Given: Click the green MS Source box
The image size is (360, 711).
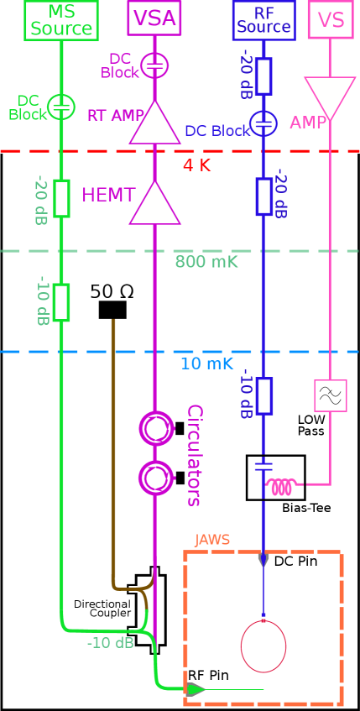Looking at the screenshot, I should [61, 19].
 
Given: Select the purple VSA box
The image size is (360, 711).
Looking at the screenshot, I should [154, 18].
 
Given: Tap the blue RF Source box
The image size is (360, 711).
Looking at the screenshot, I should [263, 19].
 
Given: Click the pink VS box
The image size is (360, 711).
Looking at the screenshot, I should [330, 19].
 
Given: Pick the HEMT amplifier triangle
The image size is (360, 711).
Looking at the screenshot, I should [154, 204].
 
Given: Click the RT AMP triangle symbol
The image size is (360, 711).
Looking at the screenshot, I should [154, 124].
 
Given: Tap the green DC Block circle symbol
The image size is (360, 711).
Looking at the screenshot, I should [61, 107].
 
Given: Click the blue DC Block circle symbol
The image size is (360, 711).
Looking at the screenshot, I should [263, 123].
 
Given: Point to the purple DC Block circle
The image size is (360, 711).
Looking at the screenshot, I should [154, 65].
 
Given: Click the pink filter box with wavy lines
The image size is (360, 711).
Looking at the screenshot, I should [330, 395].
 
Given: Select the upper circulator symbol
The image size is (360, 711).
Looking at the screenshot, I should [156, 428].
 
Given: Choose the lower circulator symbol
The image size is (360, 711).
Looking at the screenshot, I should [156, 478].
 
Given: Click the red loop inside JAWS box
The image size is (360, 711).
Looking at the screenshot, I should [263, 646].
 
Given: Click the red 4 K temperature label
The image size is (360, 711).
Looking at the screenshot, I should [196, 165].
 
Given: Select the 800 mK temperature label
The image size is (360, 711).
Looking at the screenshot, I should [206, 262].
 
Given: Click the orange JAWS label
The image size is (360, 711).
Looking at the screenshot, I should [211, 540].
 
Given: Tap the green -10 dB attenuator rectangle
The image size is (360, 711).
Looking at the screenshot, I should [61, 302].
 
